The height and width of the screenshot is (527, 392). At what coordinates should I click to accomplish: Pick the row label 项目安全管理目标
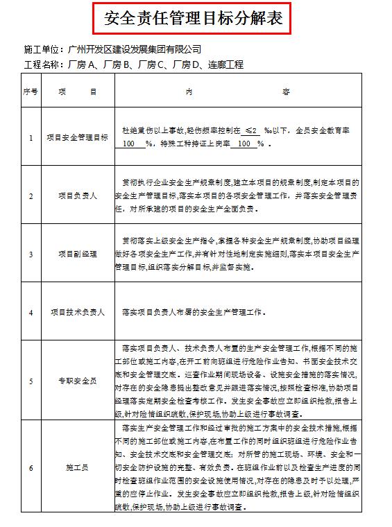[77, 138]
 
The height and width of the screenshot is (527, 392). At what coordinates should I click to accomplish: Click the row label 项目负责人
[77, 196]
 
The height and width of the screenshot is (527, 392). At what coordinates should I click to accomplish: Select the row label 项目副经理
[77, 254]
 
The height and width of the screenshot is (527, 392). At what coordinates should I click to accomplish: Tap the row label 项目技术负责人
[77, 313]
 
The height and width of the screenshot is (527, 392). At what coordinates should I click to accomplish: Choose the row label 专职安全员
[77, 381]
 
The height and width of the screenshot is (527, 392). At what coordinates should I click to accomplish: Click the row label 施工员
[77, 467]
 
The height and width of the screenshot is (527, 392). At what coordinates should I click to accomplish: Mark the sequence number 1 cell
[31, 138]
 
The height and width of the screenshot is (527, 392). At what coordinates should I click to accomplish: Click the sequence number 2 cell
[31, 196]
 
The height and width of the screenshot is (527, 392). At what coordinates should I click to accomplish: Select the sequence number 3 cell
[31, 254]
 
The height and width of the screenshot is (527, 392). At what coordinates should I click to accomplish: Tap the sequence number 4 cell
[31, 313]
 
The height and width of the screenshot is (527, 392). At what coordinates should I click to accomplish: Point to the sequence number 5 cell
[31, 381]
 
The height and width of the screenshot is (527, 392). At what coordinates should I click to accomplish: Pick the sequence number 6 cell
[31, 467]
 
